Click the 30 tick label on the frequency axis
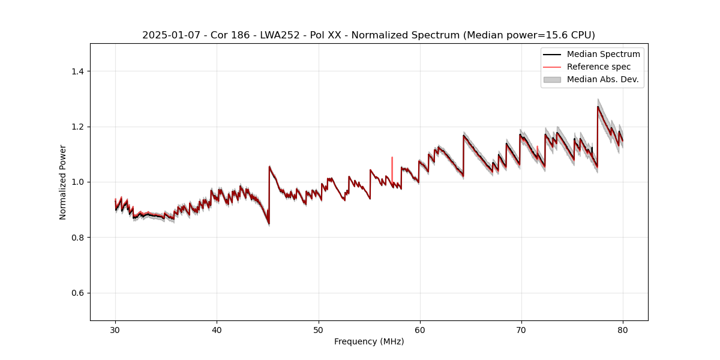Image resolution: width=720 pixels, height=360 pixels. [115, 329]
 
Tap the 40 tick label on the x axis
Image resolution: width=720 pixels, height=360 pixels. [217, 329]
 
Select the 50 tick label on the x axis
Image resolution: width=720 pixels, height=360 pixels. [318, 329]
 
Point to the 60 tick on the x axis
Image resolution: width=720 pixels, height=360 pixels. [419, 329]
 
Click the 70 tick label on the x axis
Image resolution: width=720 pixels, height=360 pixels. [521, 329]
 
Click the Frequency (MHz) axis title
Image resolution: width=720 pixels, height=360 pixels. [369, 341]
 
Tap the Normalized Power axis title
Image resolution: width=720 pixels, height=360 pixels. [63, 182]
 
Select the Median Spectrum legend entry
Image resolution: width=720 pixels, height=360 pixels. [603, 54]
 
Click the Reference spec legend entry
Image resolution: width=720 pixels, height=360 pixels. [598, 67]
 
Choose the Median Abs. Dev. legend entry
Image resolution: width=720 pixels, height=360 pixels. [602, 79]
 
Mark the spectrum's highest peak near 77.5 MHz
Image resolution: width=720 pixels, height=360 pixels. [598, 107]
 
